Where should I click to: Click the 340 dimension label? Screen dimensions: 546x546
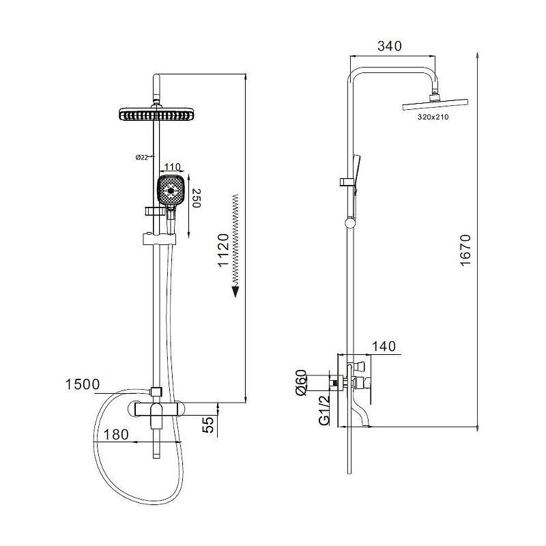click(x=389, y=46)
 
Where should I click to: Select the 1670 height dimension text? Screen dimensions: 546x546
click(x=465, y=250)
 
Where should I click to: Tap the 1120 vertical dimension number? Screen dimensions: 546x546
click(x=223, y=250)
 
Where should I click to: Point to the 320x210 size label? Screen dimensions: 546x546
click(x=433, y=117)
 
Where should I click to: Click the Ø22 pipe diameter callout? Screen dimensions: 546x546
click(x=142, y=157)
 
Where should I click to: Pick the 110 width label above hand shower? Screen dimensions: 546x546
click(x=172, y=167)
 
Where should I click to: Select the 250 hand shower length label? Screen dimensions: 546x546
click(x=197, y=198)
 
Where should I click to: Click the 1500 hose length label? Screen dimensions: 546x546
click(x=83, y=384)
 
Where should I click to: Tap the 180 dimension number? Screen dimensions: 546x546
click(x=116, y=435)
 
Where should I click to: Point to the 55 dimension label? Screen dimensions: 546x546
click(x=209, y=425)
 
